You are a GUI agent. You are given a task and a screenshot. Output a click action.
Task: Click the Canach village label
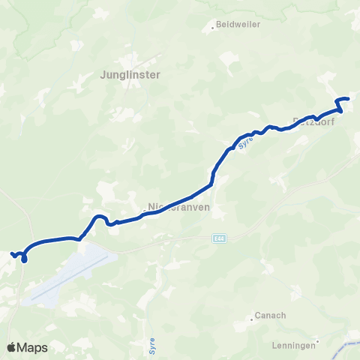(271, 316)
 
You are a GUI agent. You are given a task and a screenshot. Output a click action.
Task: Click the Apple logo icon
(13, 347)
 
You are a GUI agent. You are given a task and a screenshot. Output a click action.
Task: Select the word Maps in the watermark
(34, 348)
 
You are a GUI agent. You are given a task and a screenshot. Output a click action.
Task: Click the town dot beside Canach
(250, 319)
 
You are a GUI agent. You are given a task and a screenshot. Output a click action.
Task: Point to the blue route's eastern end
(349, 98)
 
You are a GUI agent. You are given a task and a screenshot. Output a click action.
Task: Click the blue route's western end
(11, 254)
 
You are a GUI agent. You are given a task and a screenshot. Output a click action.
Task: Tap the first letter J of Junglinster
(102, 74)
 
